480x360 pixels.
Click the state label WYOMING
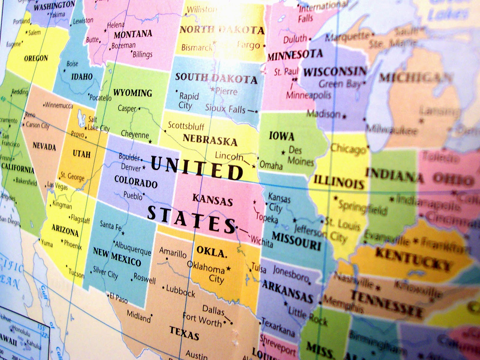click(133, 93)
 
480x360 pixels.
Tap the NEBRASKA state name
click(210, 140)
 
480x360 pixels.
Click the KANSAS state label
click(213, 200)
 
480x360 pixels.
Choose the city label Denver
click(131, 167)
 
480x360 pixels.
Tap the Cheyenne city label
click(135, 134)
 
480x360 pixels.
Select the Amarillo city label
click(173, 253)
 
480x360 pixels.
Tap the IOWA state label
click(281, 136)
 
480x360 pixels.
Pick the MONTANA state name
click(133, 34)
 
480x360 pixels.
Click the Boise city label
click(72, 64)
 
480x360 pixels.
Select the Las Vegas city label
click(58, 186)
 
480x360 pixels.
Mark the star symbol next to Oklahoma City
click(229, 268)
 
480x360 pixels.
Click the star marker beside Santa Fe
click(123, 233)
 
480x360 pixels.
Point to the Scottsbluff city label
click(186, 126)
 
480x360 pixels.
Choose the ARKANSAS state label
click(288, 291)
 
